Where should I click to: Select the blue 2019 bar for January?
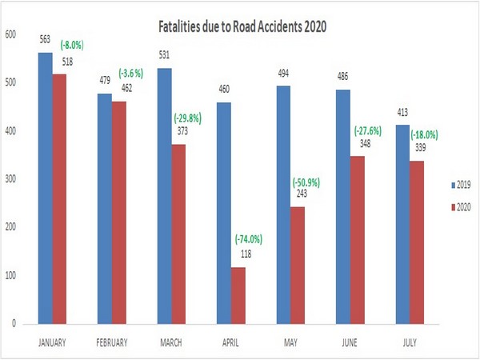tap(45, 188)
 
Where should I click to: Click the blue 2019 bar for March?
tap(166, 196)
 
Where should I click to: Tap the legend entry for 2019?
tap(458, 185)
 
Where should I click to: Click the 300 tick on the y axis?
tap(10, 179)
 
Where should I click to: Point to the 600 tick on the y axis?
tap(10, 34)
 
